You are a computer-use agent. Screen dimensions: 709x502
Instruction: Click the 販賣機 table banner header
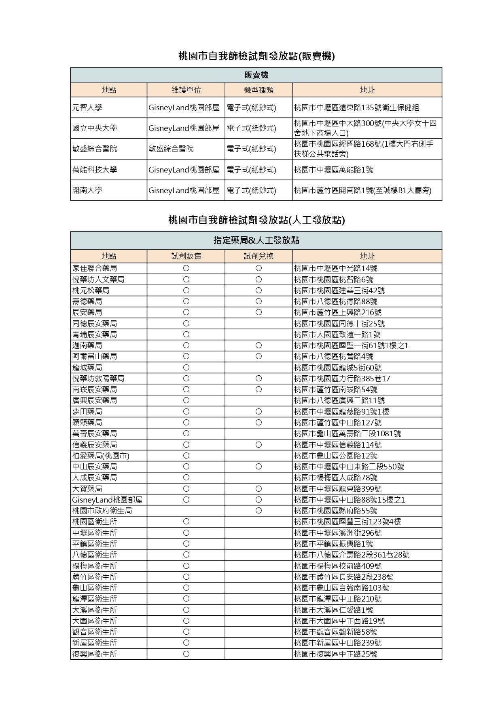[x=256, y=75]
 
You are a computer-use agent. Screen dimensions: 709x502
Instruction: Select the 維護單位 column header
[x=186, y=90]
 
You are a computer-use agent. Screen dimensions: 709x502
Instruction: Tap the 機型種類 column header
[x=258, y=90]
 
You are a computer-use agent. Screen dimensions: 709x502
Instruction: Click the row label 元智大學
[x=87, y=107]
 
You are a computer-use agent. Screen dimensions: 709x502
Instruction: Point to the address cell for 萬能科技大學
[x=334, y=170]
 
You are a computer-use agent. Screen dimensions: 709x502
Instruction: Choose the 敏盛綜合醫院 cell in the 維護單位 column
[x=171, y=149]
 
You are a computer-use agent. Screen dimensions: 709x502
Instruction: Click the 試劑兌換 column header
[x=258, y=256]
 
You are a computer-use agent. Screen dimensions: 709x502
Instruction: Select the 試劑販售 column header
[x=186, y=256]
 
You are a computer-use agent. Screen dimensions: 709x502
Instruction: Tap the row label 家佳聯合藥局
[x=95, y=268]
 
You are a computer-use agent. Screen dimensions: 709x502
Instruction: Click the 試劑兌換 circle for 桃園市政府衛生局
[x=258, y=511]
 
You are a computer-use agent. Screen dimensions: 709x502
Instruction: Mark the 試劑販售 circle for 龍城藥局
[x=186, y=368]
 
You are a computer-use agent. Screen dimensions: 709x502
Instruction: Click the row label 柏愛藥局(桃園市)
[x=101, y=456]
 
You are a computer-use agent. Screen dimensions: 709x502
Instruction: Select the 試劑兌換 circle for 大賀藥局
[x=258, y=489]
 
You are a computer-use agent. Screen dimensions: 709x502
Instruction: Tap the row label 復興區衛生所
[x=95, y=654]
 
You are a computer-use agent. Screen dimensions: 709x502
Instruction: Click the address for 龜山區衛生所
[x=341, y=588]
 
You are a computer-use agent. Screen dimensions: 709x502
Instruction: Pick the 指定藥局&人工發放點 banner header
[x=256, y=240]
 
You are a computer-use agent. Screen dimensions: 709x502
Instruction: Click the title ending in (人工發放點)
[x=256, y=220]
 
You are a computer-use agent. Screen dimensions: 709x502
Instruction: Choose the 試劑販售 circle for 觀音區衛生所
[x=186, y=632]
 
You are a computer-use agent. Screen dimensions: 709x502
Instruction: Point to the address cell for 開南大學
[x=362, y=190]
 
